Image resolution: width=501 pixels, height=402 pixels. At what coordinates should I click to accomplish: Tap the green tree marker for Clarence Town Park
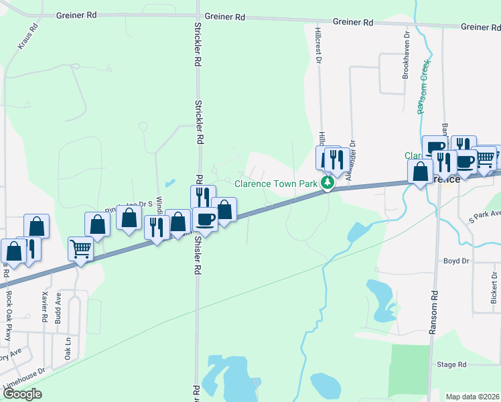(x=328, y=182)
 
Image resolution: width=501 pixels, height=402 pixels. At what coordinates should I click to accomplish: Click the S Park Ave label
(x=484, y=216)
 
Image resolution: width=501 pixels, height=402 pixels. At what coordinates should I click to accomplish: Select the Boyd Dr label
(x=455, y=261)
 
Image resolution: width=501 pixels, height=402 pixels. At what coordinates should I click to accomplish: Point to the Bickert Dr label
(x=494, y=287)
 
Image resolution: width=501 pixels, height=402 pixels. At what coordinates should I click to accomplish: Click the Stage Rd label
(x=451, y=364)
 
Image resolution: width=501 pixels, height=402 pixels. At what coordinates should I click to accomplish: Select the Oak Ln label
(x=68, y=348)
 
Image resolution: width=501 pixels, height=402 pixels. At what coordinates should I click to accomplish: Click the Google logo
(x=22, y=394)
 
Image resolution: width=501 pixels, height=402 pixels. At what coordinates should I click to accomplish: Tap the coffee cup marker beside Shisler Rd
(x=205, y=219)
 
